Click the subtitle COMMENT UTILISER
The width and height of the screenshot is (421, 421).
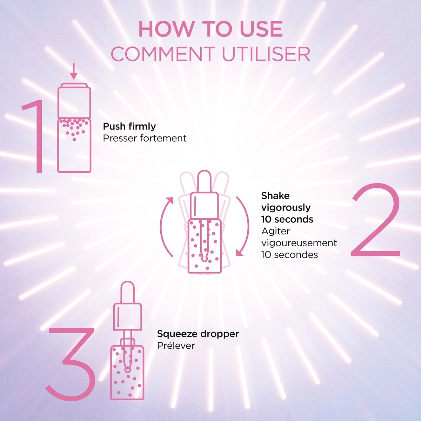click(210, 54)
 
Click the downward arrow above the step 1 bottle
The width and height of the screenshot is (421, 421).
click(73, 72)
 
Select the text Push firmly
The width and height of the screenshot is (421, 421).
click(129, 126)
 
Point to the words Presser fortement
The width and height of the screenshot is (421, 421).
click(145, 138)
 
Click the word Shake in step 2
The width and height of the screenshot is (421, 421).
click(275, 195)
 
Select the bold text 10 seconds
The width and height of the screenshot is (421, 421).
click(287, 219)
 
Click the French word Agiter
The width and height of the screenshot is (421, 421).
click(275, 231)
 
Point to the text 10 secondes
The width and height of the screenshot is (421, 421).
click(289, 255)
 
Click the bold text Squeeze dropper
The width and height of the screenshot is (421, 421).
click(198, 334)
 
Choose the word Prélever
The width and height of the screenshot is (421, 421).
click(176, 346)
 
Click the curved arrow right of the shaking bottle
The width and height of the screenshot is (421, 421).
click(243, 226)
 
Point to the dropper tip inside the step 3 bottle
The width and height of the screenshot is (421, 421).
click(127, 368)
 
